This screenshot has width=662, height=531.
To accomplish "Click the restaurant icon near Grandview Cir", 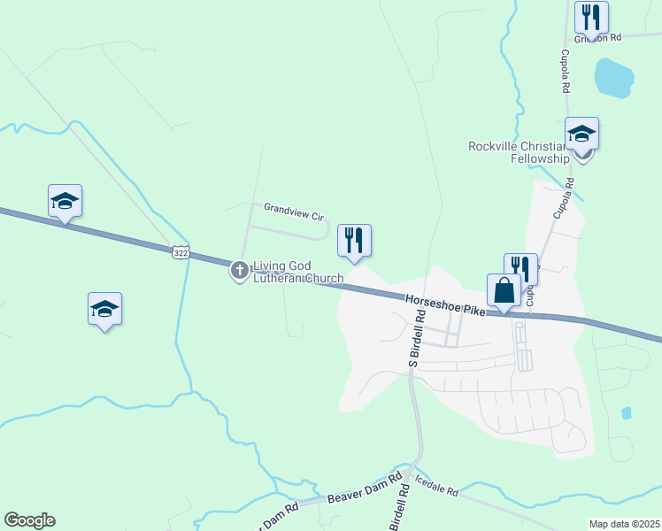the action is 354,240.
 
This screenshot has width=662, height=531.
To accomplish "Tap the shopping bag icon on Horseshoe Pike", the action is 504,289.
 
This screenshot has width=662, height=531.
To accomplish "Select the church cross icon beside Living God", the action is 240,270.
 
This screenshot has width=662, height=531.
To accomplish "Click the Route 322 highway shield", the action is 181,252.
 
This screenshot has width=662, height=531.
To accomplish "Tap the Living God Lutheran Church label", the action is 298,272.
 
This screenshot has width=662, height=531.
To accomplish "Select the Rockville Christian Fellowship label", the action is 519,152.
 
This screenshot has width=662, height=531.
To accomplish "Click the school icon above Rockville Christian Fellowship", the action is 581,134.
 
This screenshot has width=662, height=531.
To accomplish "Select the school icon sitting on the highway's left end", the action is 65,201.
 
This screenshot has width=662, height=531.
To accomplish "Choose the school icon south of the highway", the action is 104,309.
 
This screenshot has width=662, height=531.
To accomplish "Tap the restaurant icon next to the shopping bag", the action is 522,267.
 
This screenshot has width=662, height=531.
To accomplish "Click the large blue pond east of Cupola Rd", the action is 612,77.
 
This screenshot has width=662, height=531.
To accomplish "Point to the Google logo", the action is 29,520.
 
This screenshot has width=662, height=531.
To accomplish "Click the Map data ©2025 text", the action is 624,524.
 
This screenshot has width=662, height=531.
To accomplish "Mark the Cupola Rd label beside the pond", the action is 564,71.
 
